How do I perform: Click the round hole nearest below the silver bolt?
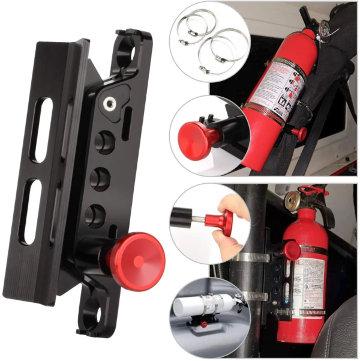pos(105,142)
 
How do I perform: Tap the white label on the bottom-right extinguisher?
pos(312,282)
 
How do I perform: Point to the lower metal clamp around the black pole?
pos(255,296)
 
